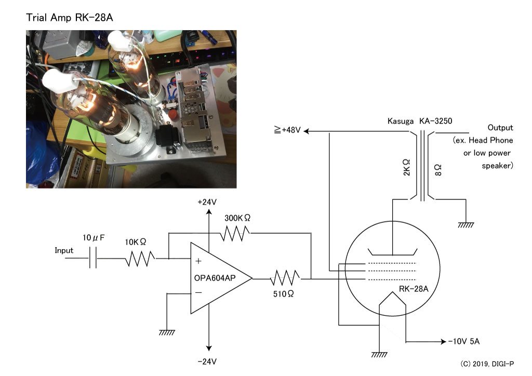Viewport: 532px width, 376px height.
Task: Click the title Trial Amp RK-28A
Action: (x=70, y=17)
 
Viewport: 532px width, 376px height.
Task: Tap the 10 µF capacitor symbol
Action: (x=93, y=258)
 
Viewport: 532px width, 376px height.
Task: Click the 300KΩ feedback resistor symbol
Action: (x=235, y=233)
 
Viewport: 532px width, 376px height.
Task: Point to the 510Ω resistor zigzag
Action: (x=285, y=278)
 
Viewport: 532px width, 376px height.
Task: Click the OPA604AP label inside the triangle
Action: (x=215, y=278)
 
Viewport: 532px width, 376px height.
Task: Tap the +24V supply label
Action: (x=207, y=202)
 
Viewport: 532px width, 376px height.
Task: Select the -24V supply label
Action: (x=207, y=361)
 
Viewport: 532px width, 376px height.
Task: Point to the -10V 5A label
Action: (x=464, y=341)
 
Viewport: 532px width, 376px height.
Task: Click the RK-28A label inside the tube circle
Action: (x=414, y=289)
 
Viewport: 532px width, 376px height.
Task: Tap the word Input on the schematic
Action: (x=64, y=250)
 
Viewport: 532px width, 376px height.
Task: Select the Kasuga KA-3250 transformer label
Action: (x=420, y=121)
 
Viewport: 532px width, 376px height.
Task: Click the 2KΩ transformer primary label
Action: (x=406, y=168)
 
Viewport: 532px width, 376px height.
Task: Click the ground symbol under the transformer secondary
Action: (x=466, y=225)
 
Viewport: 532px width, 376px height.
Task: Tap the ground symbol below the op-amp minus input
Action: (x=167, y=332)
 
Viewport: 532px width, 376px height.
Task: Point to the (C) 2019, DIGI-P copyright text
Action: (x=487, y=364)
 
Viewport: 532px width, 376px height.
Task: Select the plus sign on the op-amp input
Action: (x=198, y=261)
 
